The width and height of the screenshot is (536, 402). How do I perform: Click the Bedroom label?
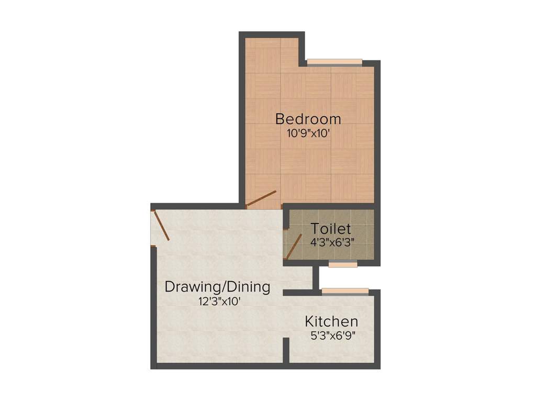(x=308, y=119)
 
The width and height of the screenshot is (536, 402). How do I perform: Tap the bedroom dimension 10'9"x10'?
(x=308, y=133)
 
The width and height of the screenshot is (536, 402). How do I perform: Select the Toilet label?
(x=330, y=229)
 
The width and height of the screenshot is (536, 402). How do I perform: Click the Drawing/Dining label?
(x=217, y=287)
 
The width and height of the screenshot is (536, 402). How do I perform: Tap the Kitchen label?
(x=332, y=321)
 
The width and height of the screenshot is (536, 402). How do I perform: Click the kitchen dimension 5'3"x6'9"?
(x=333, y=336)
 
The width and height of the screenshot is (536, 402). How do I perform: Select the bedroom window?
(x=334, y=62)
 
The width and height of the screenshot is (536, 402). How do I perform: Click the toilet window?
(x=343, y=264)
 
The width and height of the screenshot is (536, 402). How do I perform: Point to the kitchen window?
(x=345, y=291)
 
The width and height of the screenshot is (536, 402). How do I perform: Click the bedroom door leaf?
(x=261, y=198)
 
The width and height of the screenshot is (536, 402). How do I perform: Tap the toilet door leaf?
(x=294, y=247)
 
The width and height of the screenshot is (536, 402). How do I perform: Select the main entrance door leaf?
(x=161, y=225)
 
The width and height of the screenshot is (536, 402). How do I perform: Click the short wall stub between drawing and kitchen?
(x=286, y=350)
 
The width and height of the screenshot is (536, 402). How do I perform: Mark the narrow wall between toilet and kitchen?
(x=316, y=277)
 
